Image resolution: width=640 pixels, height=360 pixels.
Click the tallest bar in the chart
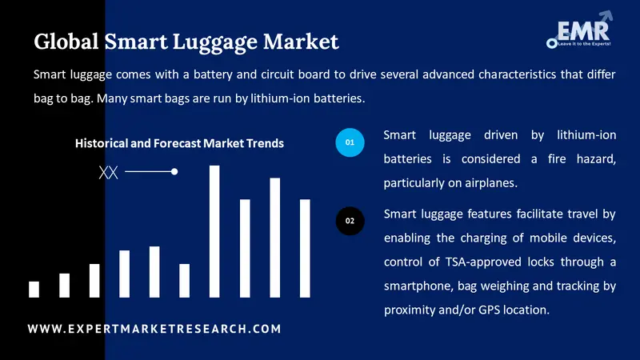coord(214,231)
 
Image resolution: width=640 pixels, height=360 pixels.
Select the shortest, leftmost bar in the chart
coord(34,289)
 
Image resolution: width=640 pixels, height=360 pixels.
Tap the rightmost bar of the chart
coord(305,248)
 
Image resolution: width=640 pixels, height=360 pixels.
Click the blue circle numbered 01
coord(350,142)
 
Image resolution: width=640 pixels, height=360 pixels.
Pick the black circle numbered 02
coord(350,220)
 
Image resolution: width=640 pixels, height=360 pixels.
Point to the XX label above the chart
coord(108,172)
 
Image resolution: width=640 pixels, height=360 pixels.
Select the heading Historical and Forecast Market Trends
coord(179,144)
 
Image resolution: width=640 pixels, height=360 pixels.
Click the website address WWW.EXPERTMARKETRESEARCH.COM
coord(154,329)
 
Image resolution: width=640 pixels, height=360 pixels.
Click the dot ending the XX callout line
coord(174,171)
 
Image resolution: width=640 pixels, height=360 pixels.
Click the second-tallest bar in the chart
coord(274,238)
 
